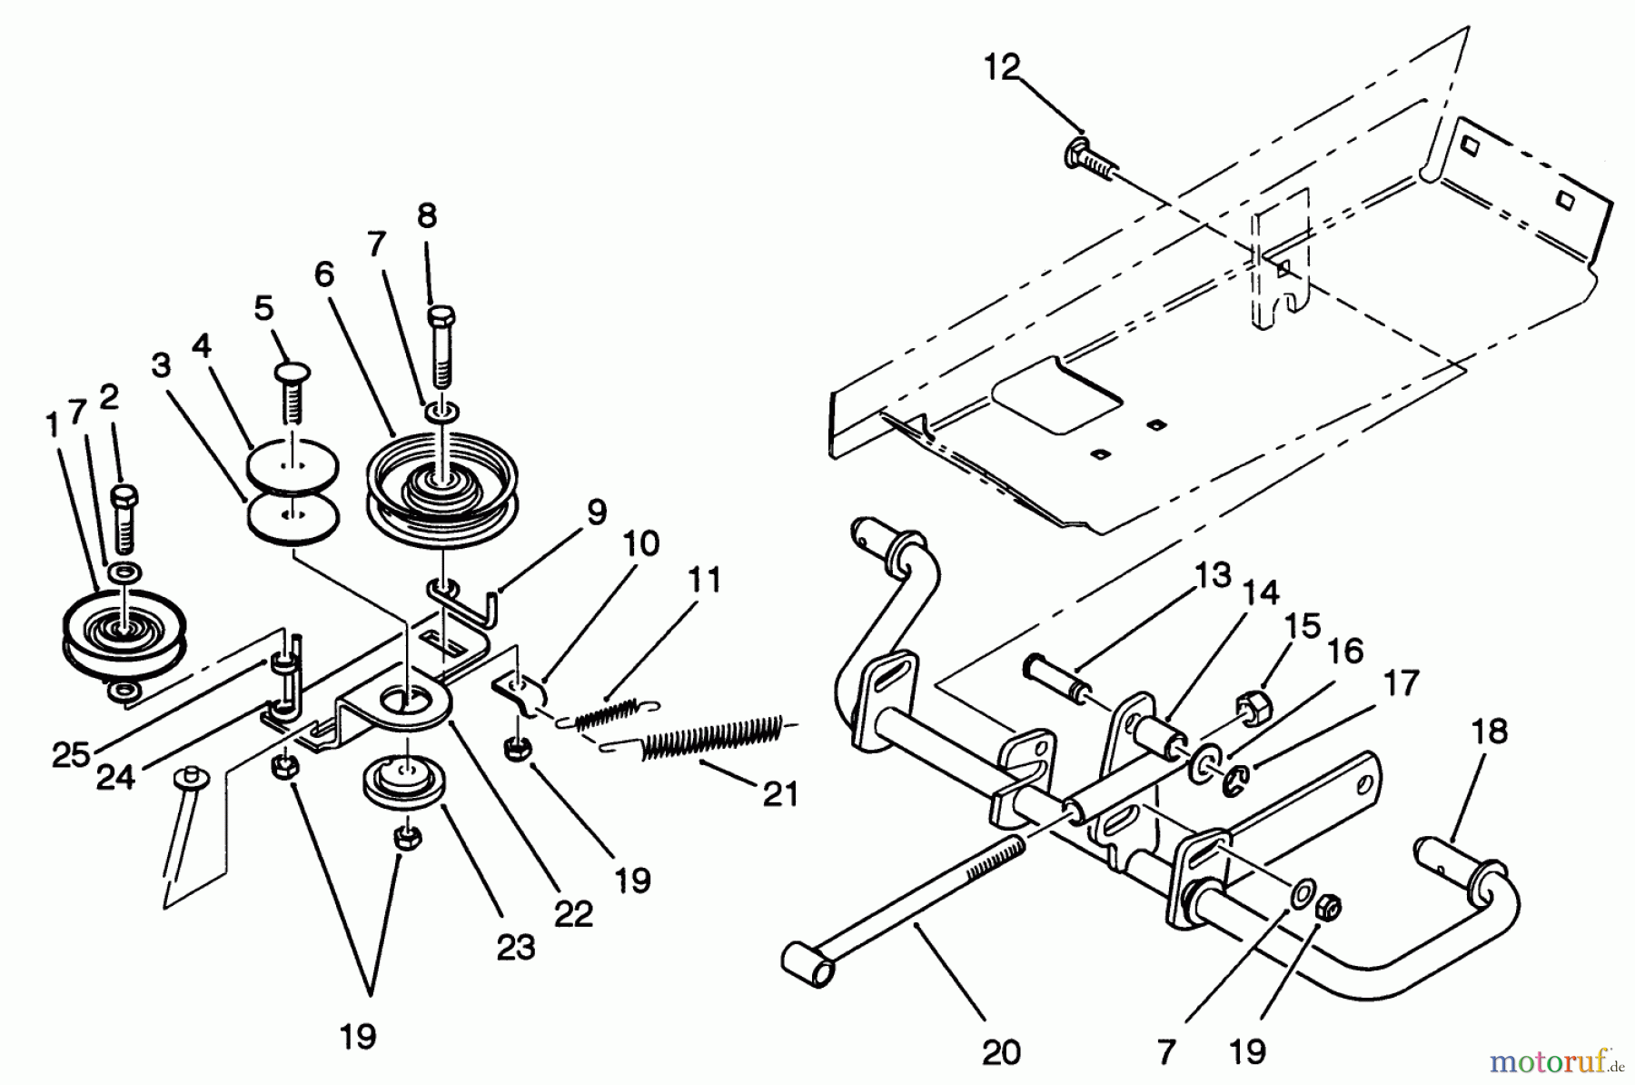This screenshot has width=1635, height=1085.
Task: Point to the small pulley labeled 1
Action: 124,636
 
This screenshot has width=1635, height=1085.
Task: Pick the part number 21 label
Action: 780,794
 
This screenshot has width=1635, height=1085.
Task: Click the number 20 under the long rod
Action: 1001,1051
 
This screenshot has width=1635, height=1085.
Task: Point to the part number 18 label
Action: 1488,732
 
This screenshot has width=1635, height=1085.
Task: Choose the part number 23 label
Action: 516,947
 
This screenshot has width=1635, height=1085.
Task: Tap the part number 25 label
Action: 71,754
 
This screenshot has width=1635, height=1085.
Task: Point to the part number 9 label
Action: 596,513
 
